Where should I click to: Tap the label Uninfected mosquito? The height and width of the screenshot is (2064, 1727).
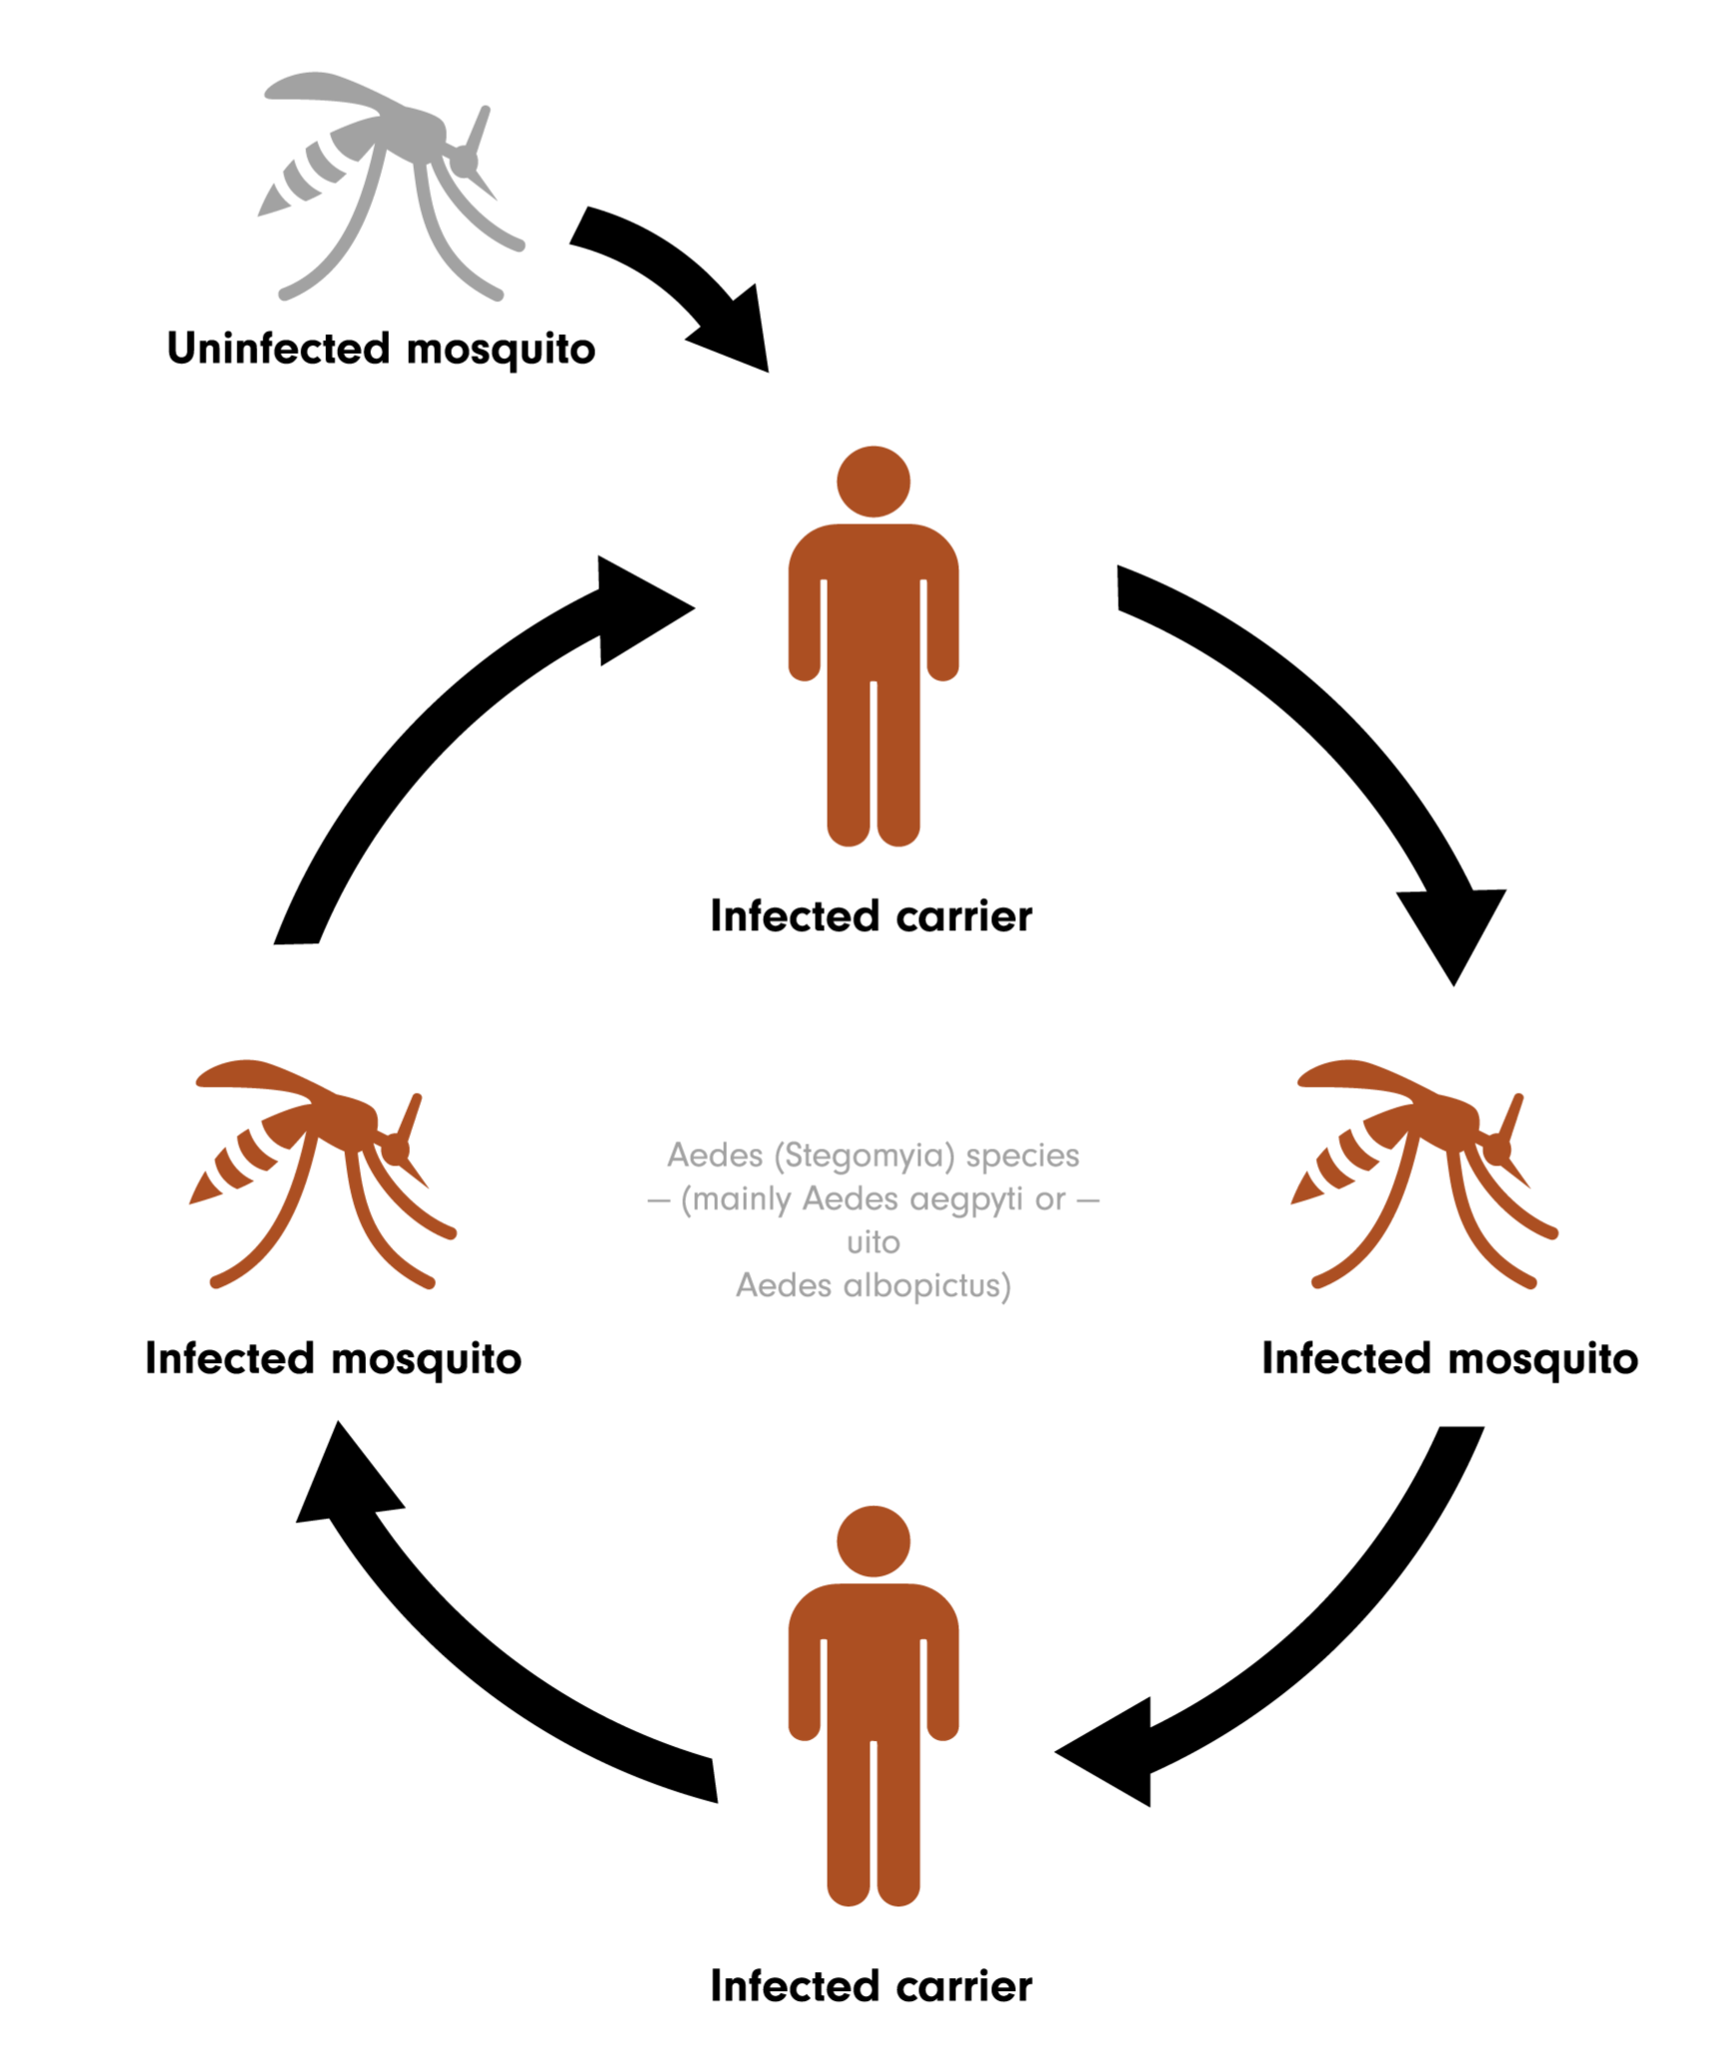[381, 349]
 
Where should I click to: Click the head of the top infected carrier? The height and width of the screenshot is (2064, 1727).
[872, 482]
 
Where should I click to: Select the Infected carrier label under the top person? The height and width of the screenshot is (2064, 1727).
[870, 916]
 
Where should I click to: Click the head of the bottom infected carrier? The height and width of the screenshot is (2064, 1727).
[872, 1542]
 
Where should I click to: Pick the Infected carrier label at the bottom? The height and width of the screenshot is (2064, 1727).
[870, 1986]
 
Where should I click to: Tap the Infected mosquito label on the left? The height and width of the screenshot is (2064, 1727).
[333, 1358]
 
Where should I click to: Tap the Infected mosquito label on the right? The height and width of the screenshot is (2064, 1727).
[1449, 1358]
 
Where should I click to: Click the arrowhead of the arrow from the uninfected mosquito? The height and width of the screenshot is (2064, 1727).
[738, 334]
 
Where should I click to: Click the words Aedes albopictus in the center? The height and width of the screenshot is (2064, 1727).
[872, 1285]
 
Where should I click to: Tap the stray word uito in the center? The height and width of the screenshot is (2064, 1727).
[872, 1242]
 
